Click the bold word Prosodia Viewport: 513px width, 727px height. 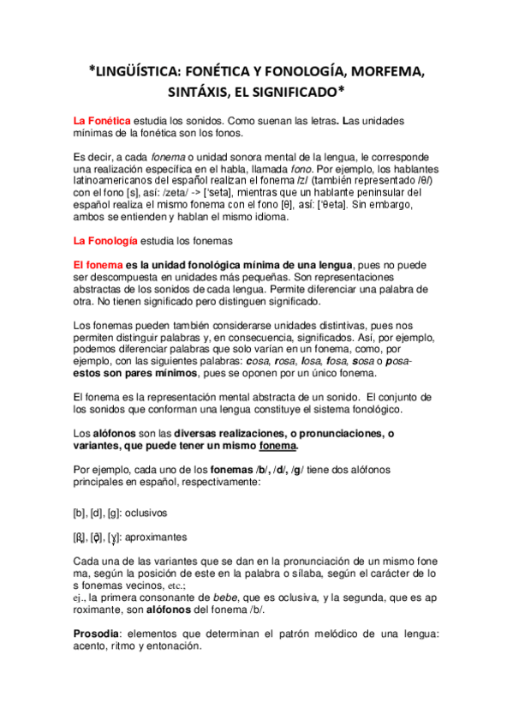click(x=99, y=633)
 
